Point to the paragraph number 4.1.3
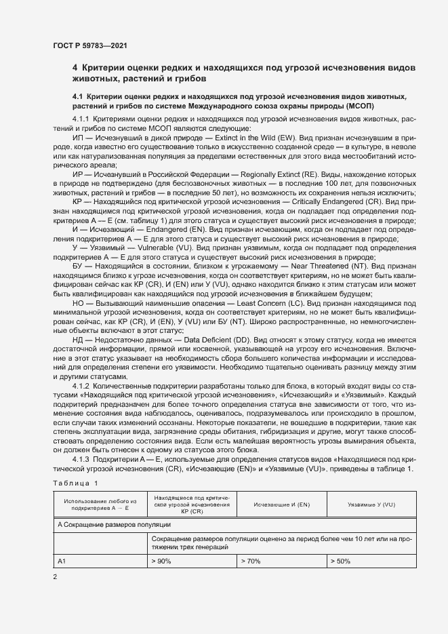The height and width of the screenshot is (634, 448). click(x=84, y=460)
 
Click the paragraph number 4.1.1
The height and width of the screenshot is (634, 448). click(x=84, y=119)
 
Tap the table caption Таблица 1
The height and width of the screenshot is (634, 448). click(x=75, y=483)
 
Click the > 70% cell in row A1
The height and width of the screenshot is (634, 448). click(x=251, y=561)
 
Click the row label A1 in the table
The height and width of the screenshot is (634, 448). click(x=62, y=561)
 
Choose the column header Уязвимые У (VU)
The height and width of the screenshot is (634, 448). click(x=371, y=505)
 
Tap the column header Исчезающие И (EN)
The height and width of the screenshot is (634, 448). click(x=281, y=505)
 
